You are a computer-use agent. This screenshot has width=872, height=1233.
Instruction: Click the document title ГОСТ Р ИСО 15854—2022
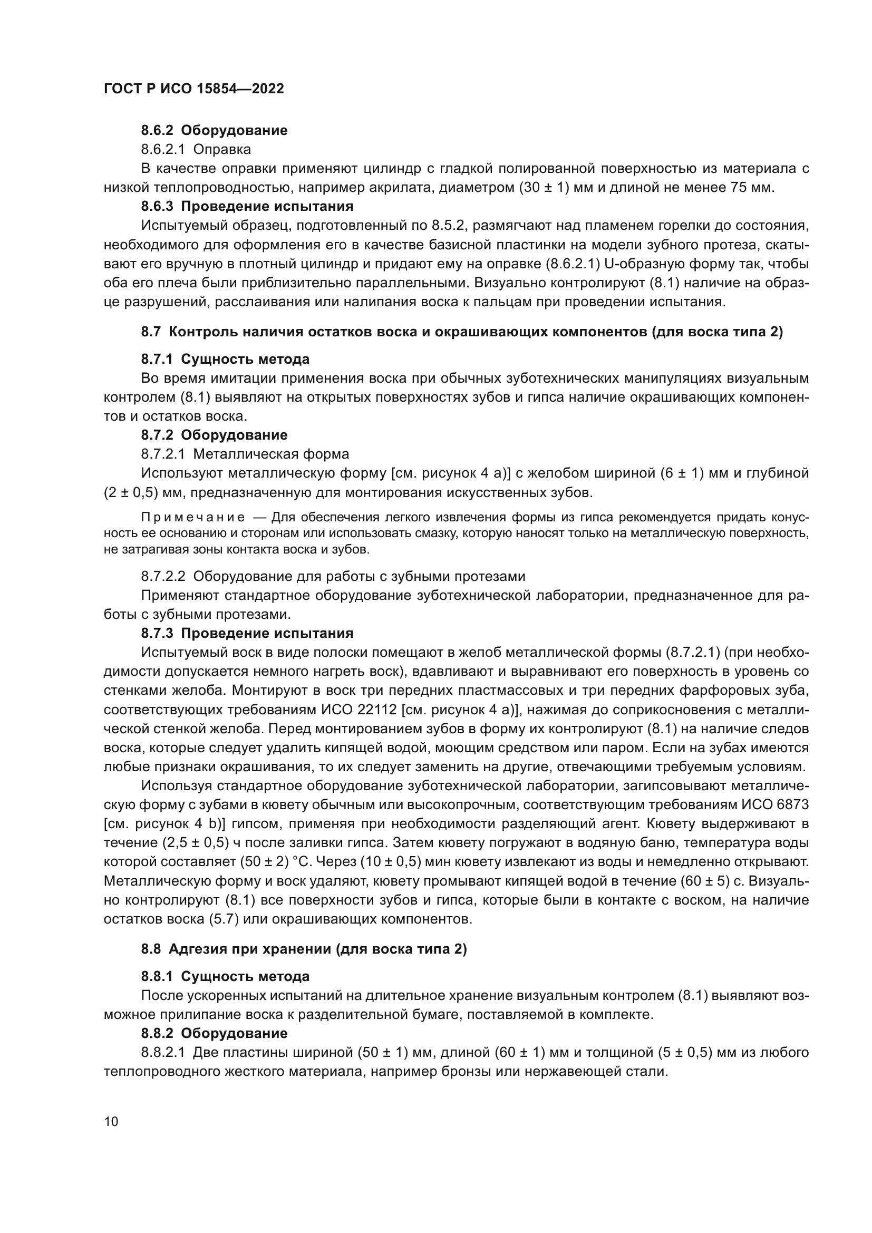tap(194, 89)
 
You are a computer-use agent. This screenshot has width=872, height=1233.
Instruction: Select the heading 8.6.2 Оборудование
tap(214, 130)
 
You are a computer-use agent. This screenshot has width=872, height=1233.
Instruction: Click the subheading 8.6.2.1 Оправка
tap(196, 149)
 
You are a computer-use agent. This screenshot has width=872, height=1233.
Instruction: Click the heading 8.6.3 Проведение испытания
tap(247, 206)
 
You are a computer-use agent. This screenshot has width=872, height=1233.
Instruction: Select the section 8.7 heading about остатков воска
tap(462, 332)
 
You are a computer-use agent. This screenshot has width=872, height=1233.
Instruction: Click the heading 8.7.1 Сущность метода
tap(225, 359)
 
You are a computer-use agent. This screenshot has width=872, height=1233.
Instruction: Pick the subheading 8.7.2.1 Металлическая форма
tap(245, 454)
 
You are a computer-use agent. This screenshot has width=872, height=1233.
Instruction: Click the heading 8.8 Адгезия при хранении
tap(304, 949)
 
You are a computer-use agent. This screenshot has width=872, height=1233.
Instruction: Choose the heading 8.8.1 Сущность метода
tap(225, 976)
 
